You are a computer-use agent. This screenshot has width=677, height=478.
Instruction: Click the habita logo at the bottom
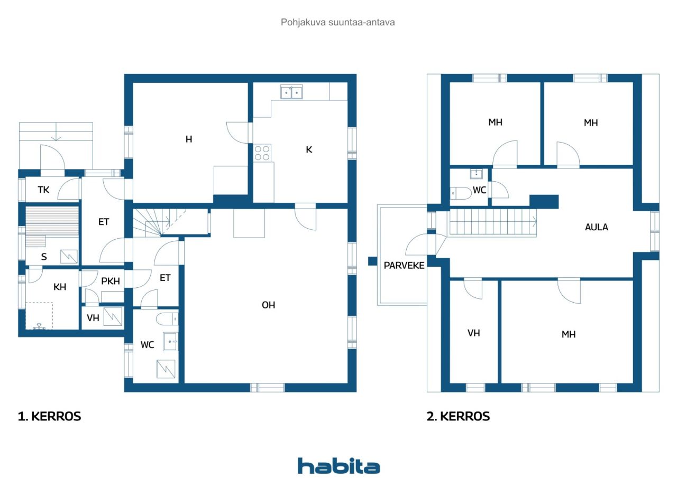pyautogui.click(x=338, y=466)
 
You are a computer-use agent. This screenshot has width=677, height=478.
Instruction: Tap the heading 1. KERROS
pyautogui.click(x=50, y=416)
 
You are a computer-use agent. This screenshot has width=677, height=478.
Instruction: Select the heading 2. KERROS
pyautogui.click(x=458, y=416)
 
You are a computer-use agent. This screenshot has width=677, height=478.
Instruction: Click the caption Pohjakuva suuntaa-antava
pyautogui.click(x=338, y=22)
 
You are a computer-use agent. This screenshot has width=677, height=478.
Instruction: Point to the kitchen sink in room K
pyautogui.click(x=291, y=92)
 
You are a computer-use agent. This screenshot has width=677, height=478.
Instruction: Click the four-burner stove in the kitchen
pyautogui.click(x=262, y=153)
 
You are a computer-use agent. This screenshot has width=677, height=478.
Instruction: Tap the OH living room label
pyautogui.click(x=268, y=305)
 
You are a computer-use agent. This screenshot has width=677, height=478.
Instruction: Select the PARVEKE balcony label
pyautogui.click(x=404, y=266)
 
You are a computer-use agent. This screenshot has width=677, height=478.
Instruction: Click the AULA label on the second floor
pyautogui.click(x=596, y=227)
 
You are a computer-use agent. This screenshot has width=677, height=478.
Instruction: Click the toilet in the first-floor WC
pyautogui.click(x=167, y=319)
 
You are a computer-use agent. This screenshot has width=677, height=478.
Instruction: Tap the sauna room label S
pyautogui.click(x=44, y=257)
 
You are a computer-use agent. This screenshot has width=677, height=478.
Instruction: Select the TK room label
pyautogui.click(x=43, y=190)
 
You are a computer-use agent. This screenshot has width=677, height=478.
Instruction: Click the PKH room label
pyautogui.click(x=111, y=281)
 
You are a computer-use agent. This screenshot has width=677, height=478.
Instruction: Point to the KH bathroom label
pyautogui.click(x=60, y=287)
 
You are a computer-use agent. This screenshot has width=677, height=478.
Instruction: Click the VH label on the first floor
pyautogui.click(x=93, y=318)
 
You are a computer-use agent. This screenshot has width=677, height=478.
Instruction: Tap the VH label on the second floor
pyautogui.click(x=473, y=333)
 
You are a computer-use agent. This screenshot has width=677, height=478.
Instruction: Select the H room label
pyautogui.click(x=189, y=139)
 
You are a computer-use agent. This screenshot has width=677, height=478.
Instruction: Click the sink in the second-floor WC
pyautogui.click(x=477, y=174)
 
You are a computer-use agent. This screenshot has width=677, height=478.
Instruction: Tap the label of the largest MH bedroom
pyautogui.click(x=569, y=334)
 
